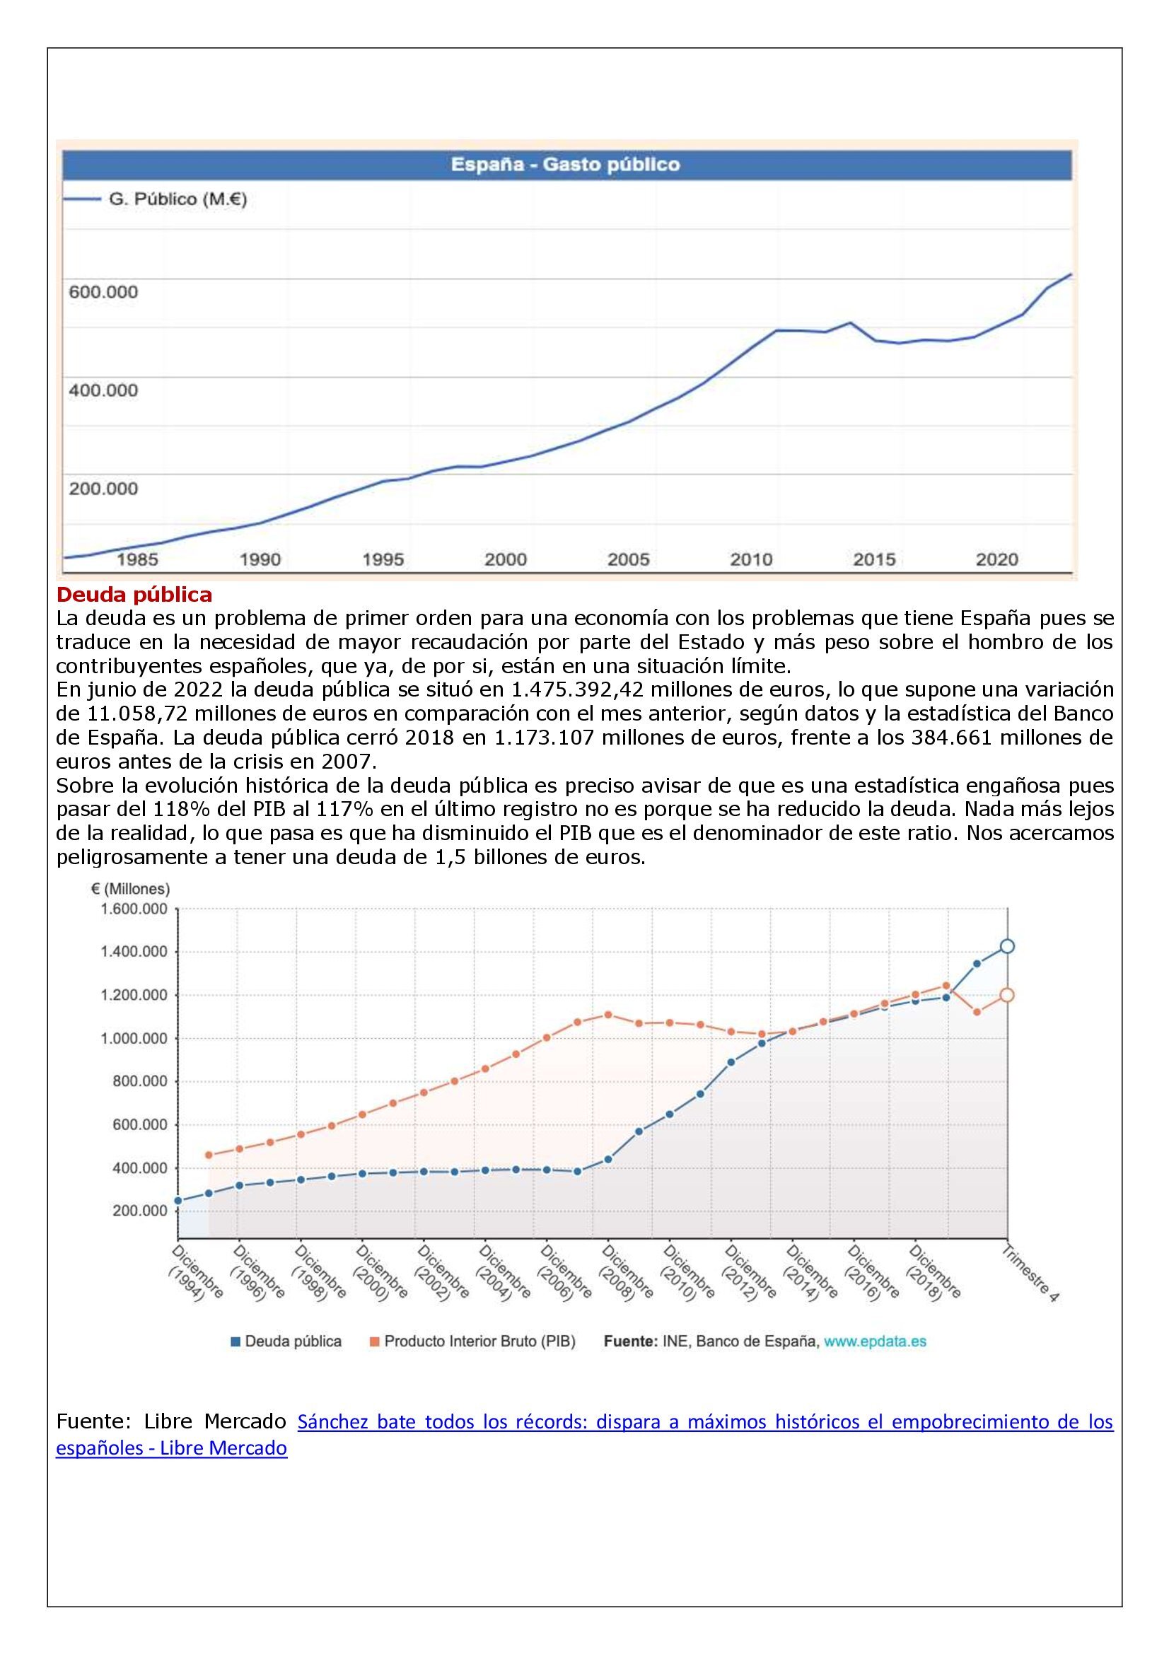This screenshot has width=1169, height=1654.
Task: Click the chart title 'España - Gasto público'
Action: [566, 165]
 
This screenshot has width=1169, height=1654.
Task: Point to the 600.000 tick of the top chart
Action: [103, 293]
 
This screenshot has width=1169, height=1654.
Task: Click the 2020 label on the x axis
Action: [997, 559]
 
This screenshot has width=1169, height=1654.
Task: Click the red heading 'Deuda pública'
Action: [134, 595]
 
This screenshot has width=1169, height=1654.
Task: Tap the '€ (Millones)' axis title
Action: [130, 889]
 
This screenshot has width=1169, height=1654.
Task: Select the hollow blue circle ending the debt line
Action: [1007, 947]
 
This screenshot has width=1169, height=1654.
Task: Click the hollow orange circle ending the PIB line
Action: [1007, 995]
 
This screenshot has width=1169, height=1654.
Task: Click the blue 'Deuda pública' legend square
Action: [235, 1341]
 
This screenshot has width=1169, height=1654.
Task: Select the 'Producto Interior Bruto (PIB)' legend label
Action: [479, 1341]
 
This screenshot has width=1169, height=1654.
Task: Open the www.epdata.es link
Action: [875, 1341]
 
